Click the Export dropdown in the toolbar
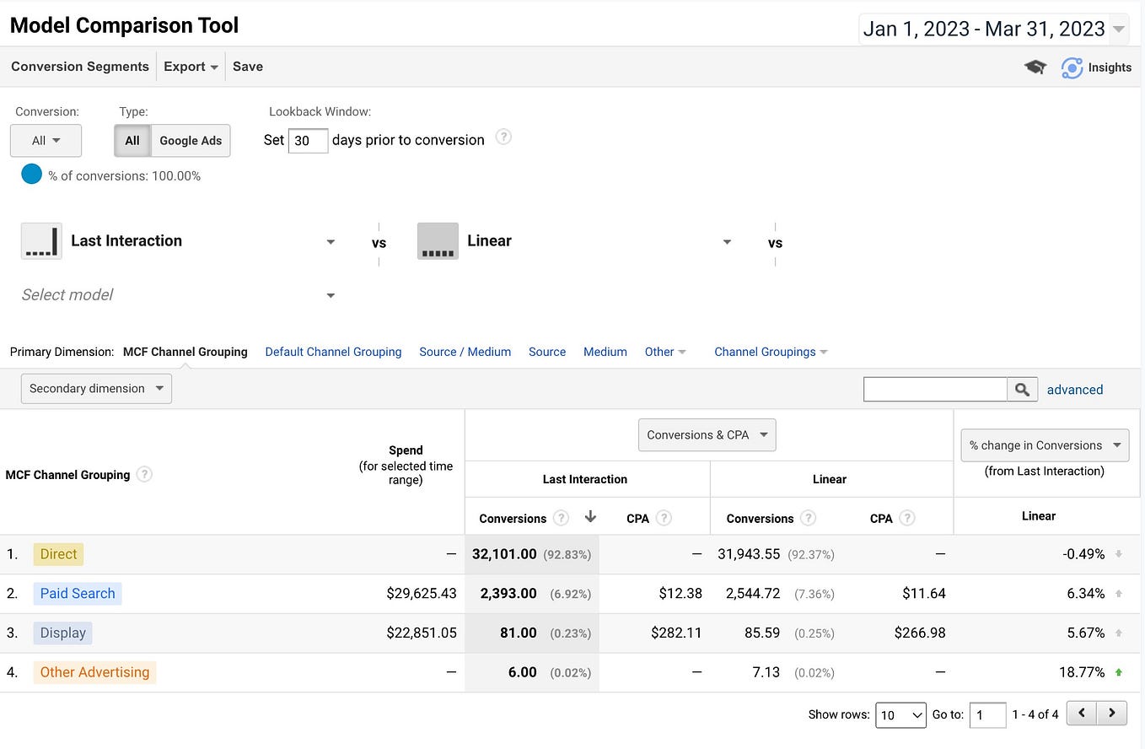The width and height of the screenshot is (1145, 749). (x=191, y=67)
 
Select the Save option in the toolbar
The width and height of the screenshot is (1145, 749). (x=248, y=67)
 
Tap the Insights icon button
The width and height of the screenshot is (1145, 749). (x=1096, y=67)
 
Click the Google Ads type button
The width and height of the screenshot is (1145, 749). (x=191, y=141)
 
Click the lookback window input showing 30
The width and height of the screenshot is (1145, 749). (x=308, y=141)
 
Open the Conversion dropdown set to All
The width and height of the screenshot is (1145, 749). (x=46, y=141)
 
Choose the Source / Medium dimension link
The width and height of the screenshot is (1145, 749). (x=465, y=352)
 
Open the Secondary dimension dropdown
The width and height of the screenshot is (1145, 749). (x=96, y=389)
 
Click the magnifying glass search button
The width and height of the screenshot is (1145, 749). (x=1022, y=389)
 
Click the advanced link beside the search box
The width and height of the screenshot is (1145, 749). (x=1074, y=390)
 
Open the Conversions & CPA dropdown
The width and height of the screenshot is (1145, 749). (x=707, y=435)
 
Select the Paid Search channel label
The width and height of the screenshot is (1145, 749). (x=78, y=594)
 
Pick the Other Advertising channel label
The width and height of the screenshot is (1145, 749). (x=94, y=672)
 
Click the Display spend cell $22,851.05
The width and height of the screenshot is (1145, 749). (x=422, y=633)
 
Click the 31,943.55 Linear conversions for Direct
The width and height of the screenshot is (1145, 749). (x=750, y=554)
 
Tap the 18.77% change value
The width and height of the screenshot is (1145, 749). (x=1082, y=672)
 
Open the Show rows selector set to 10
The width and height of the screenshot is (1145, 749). (x=900, y=714)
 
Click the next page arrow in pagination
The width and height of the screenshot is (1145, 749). (x=1112, y=714)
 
